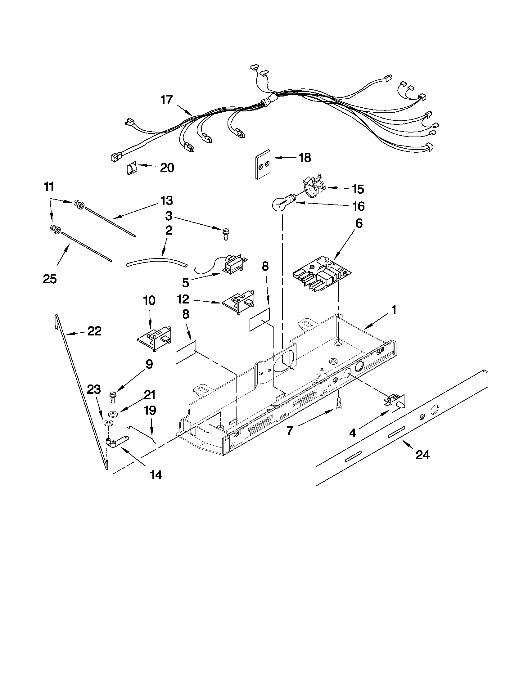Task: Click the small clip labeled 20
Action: point(132,169)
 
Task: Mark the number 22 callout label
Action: point(94,331)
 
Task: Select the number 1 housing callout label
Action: point(394,310)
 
